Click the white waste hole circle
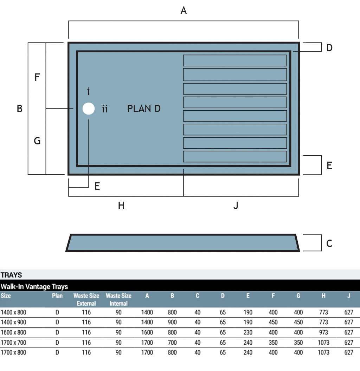(89, 109)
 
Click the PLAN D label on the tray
(144, 109)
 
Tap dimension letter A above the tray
(184, 11)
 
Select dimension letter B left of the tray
(20, 109)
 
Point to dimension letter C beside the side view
(329, 243)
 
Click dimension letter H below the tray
(121, 206)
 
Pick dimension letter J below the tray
(236, 206)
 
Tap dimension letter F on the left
(37, 77)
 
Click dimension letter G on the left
(37, 141)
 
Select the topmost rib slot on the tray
(235, 60)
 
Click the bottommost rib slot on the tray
(235, 157)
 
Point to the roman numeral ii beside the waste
(105, 109)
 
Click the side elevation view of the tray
(183, 243)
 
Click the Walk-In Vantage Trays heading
(34, 287)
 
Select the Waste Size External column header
(86, 299)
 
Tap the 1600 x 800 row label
(13, 332)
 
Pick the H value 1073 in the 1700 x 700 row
(323, 343)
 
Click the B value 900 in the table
(172, 322)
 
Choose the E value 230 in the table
(248, 332)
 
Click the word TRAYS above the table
(11, 275)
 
